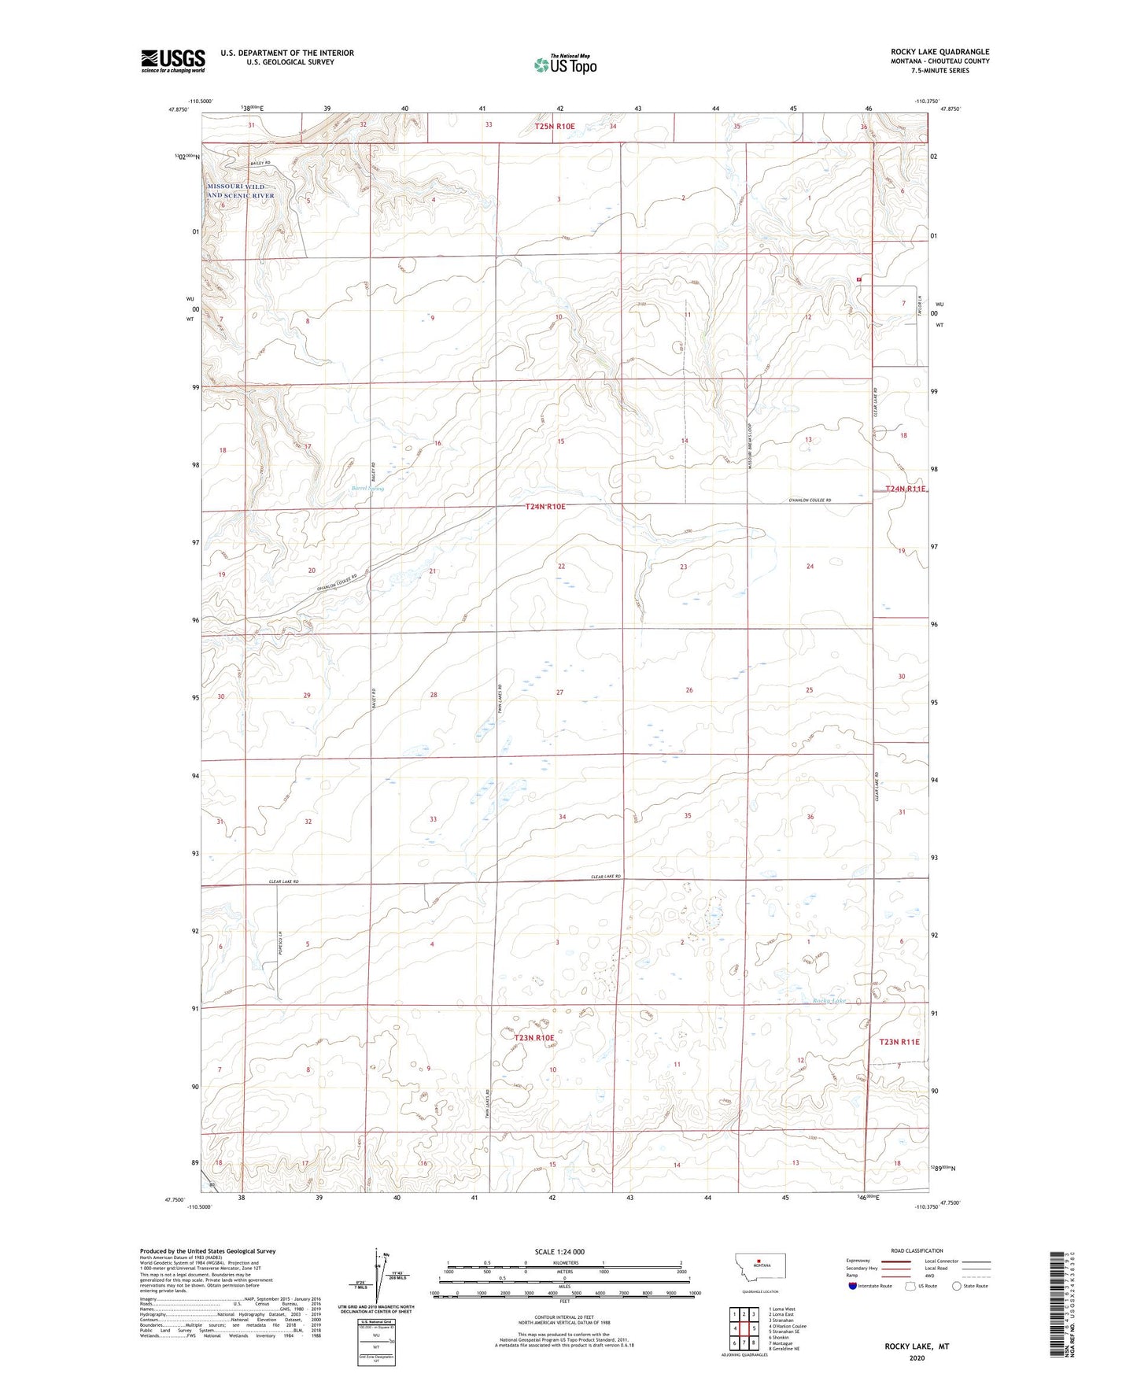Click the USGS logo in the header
[x=173, y=61]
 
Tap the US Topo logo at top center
[x=564, y=65]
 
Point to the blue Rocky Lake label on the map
[x=829, y=1001]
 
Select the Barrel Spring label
[x=367, y=488]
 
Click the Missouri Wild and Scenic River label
[x=241, y=190]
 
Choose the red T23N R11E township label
[x=899, y=1042]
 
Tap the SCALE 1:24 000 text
[x=559, y=1251]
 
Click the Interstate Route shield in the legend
[x=854, y=1286]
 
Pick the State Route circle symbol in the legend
[x=956, y=1286]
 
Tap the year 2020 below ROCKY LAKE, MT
[x=917, y=1358]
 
